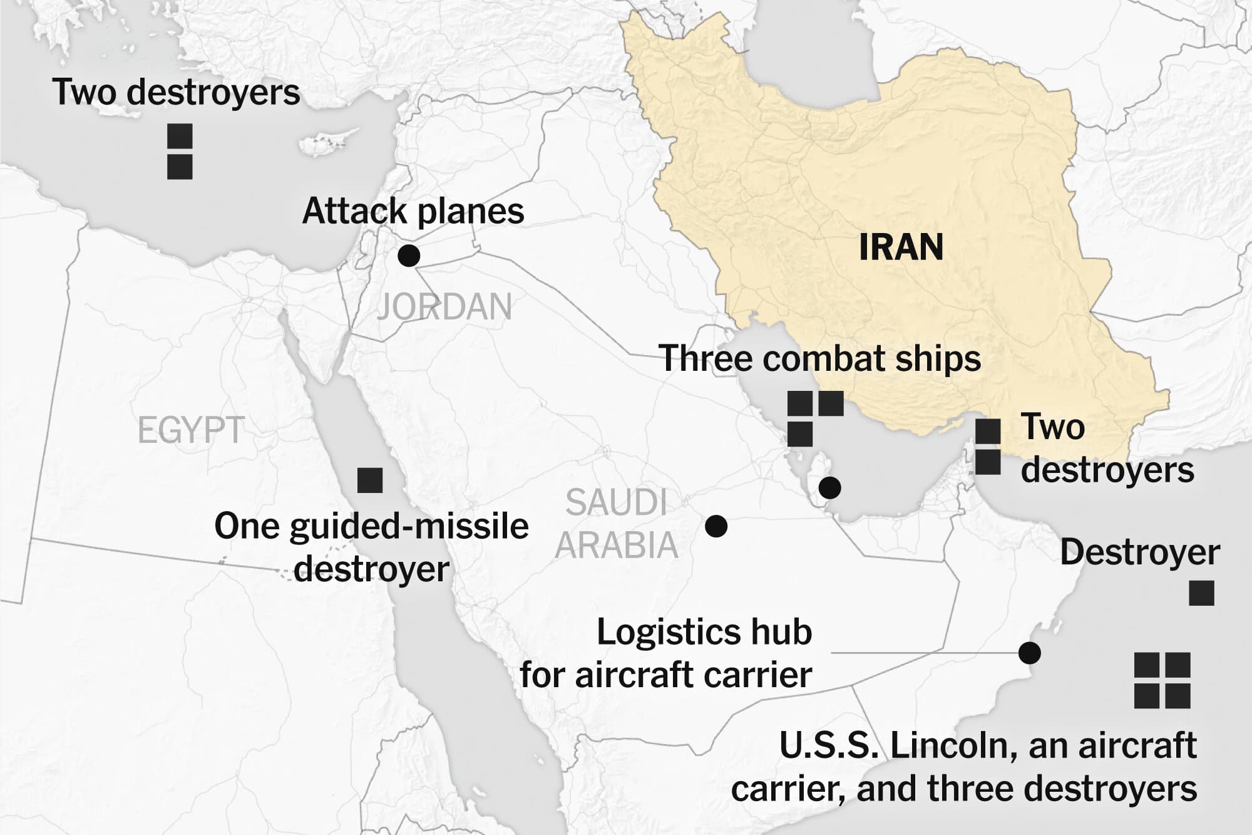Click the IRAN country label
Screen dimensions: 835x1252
click(x=901, y=247)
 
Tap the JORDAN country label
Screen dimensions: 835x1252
click(x=444, y=307)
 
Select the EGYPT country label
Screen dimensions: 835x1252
click(x=191, y=430)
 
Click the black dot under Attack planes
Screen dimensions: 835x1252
click(x=409, y=255)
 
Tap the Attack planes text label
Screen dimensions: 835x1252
click(x=413, y=211)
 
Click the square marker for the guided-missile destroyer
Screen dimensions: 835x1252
click(x=370, y=480)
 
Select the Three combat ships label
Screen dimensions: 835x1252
click(x=819, y=358)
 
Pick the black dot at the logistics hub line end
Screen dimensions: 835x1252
click(x=1029, y=653)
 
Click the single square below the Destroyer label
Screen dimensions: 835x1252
click(x=1201, y=593)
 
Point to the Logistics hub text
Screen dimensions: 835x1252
click(x=704, y=632)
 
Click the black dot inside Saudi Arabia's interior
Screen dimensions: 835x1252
click(x=716, y=526)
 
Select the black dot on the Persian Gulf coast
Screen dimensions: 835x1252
click(x=829, y=487)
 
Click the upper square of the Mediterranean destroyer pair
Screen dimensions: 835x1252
click(x=180, y=137)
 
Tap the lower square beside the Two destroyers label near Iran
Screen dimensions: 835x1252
click(x=988, y=462)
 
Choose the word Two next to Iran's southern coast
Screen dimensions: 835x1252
click(x=1053, y=427)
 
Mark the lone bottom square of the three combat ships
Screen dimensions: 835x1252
click(x=800, y=434)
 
